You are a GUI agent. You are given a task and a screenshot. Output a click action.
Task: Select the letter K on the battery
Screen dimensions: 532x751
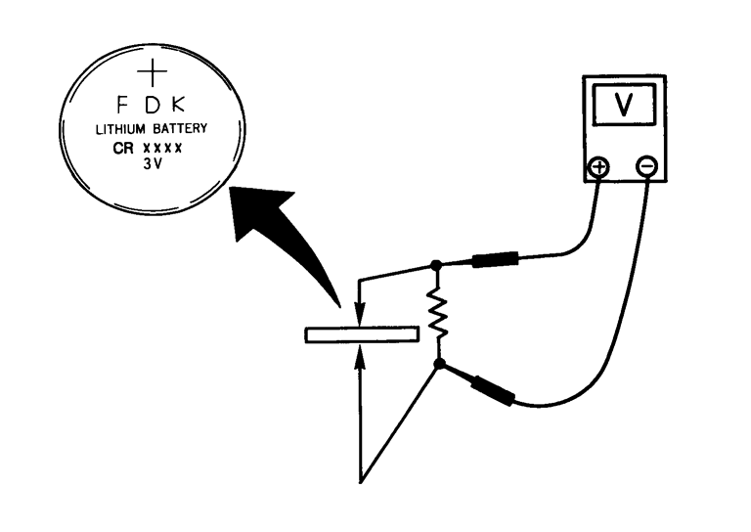pyautogui.click(x=183, y=104)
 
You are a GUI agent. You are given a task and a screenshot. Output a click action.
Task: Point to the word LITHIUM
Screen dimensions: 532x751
pyautogui.click(x=121, y=129)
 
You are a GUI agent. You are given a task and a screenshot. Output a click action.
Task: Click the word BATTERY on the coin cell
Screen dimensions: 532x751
pyautogui.click(x=183, y=129)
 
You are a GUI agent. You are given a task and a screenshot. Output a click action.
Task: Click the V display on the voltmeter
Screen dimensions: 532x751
pyautogui.click(x=623, y=108)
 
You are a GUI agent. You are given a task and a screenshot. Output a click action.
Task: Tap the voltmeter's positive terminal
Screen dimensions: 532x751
pyautogui.click(x=596, y=167)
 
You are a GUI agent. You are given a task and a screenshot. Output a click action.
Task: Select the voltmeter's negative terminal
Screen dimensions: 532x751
pyautogui.click(x=646, y=167)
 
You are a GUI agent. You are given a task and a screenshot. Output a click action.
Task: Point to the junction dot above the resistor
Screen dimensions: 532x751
pyautogui.click(x=436, y=265)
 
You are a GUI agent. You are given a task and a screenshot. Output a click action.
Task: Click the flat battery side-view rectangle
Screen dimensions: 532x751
pyautogui.click(x=362, y=334)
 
